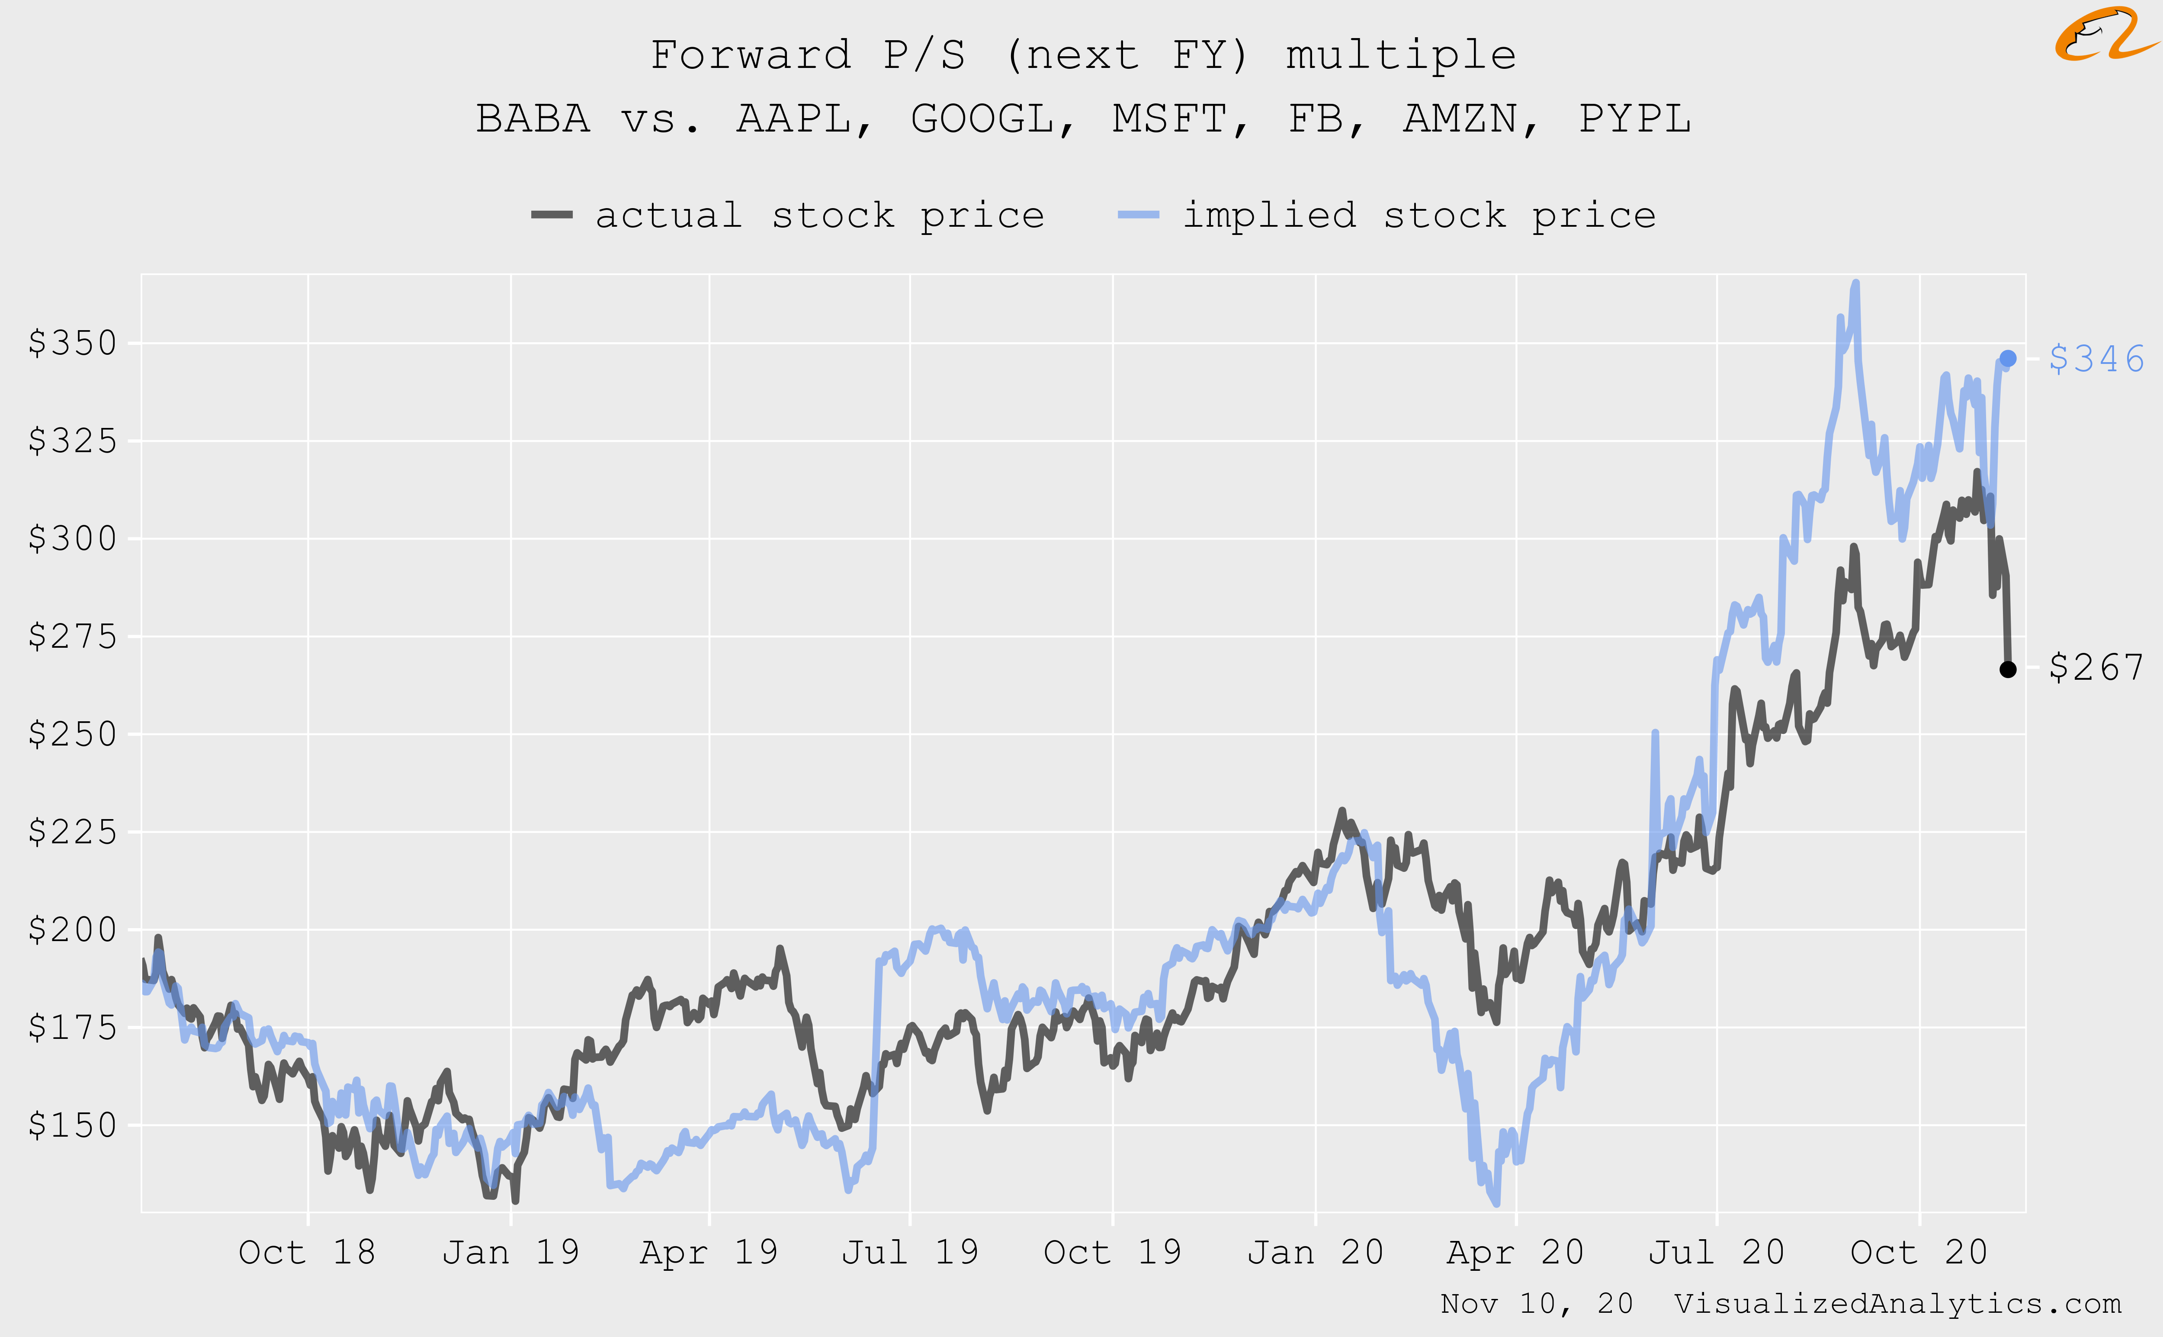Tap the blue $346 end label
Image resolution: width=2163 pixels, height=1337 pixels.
[x=2096, y=359]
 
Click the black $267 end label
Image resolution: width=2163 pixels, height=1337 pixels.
[x=2096, y=668]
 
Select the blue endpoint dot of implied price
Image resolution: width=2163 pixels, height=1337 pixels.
[x=2007, y=358]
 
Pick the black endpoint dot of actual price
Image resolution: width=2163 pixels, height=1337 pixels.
[x=2007, y=669]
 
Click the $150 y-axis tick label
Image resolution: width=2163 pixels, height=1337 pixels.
[x=73, y=1125]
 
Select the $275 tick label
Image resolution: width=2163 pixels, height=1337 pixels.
[x=73, y=636]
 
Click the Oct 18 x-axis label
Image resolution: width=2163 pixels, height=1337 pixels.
[x=307, y=1252]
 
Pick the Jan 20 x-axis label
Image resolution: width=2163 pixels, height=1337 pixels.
[x=1315, y=1252]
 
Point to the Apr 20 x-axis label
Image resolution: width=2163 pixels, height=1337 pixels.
[x=1515, y=1252]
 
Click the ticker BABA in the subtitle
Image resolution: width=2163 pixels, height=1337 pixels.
[x=533, y=119]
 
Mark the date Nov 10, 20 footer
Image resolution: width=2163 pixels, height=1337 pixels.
[x=1536, y=1303]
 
